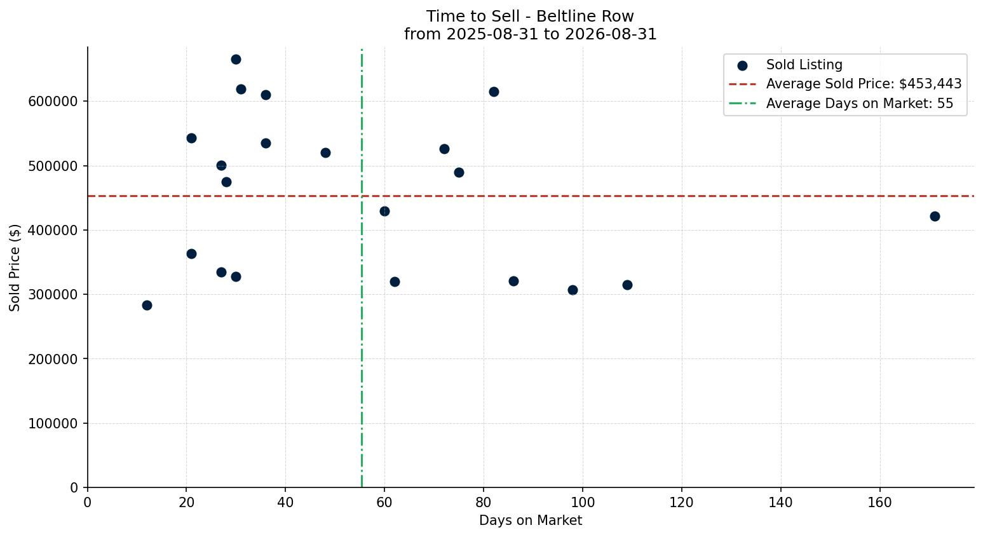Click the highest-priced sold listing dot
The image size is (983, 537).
(x=236, y=59)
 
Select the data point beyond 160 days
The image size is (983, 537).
(x=935, y=216)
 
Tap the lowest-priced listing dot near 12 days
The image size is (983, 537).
(x=147, y=305)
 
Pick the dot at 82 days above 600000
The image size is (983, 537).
(x=494, y=92)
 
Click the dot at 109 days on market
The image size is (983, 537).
(x=627, y=285)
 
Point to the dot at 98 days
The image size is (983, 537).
(x=573, y=290)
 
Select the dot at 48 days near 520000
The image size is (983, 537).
(x=325, y=153)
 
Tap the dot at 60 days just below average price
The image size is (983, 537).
(x=384, y=212)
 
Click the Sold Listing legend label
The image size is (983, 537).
(x=804, y=65)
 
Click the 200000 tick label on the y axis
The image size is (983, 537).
(x=53, y=359)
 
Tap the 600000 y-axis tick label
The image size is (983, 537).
(x=53, y=102)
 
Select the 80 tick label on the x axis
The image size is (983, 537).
(x=484, y=502)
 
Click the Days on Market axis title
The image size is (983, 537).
(x=530, y=520)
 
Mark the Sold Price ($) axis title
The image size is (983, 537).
(x=15, y=268)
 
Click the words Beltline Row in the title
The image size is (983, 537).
(x=585, y=17)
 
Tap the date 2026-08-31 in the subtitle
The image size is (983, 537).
(x=611, y=34)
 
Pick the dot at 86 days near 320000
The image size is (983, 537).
(x=513, y=282)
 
